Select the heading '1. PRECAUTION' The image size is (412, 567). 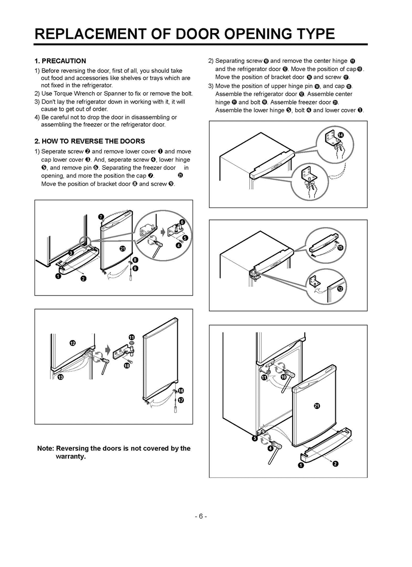point(60,61)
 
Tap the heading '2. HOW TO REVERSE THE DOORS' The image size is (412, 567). point(90,141)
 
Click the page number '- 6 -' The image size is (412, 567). point(201,517)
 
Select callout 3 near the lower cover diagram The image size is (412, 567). point(72,252)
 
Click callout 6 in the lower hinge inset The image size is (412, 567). point(182,222)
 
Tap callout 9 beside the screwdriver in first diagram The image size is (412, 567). point(135,268)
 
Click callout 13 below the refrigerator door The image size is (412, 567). point(60,377)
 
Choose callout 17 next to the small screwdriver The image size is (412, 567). point(181,400)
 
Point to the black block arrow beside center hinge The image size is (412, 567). point(107,350)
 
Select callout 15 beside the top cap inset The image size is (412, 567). point(340,248)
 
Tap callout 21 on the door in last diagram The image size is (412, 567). point(317,406)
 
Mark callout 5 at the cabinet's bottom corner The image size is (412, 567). point(254,438)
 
